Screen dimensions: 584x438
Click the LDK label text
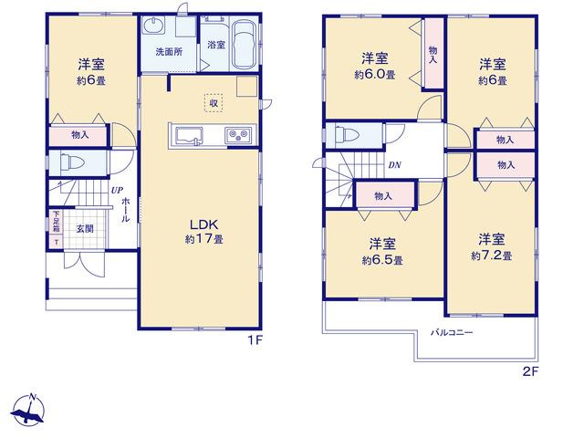click(203, 224)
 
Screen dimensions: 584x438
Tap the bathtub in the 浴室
click(245, 45)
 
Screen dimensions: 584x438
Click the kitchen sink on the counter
click(190, 136)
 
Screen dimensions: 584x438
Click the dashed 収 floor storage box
click(214, 103)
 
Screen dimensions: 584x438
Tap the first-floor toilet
click(70, 162)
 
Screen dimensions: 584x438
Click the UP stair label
click(117, 191)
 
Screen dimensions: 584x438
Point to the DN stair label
click(395, 164)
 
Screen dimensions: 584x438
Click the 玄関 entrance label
click(85, 229)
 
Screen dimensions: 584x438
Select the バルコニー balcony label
click(452, 332)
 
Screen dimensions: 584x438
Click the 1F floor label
click(255, 339)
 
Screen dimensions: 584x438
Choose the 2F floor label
click(531, 371)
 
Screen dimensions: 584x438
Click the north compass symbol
click(28, 409)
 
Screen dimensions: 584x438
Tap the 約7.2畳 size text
click(491, 256)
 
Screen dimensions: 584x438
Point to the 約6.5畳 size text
click(382, 260)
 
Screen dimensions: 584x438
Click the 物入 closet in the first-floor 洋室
click(78, 136)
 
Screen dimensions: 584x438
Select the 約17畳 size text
click(204, 239)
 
